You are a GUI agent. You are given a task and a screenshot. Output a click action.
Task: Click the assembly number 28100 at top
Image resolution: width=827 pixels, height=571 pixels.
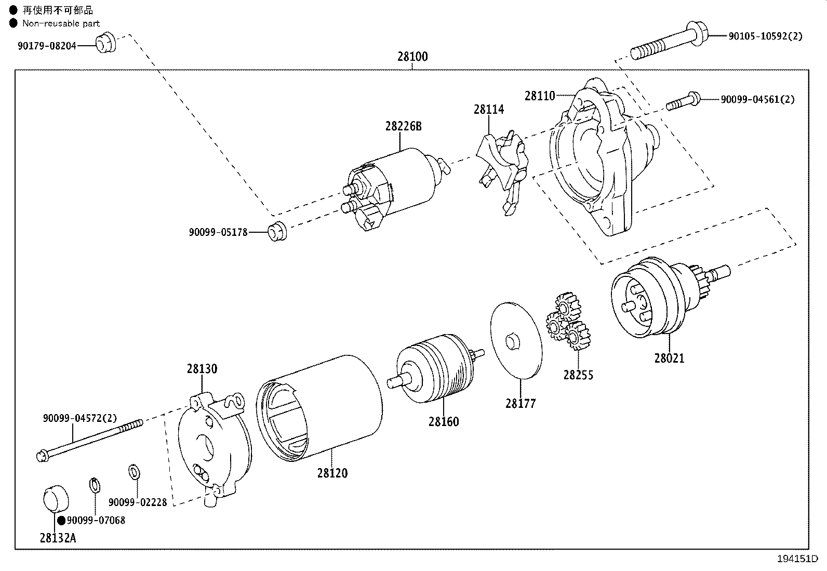[412, 56]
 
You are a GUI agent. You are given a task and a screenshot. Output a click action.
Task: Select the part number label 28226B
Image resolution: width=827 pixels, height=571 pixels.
[403, 126]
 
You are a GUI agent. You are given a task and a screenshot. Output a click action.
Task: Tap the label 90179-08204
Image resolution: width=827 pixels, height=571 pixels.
[47, 46]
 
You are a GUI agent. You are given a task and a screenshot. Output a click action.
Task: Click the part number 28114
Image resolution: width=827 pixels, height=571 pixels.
[488, 110]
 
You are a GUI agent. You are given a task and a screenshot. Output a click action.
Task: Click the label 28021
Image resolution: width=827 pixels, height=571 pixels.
[669, 358]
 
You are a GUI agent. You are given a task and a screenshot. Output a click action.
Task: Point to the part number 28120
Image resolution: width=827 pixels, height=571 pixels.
[332, 473]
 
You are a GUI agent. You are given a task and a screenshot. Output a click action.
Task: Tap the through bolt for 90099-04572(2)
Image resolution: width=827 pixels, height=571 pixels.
[88, 441]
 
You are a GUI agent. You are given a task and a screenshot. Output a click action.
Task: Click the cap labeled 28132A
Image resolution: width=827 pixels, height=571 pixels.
[55, 498]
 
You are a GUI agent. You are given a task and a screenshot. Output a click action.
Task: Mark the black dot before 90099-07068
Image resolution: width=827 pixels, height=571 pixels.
[61, 520]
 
